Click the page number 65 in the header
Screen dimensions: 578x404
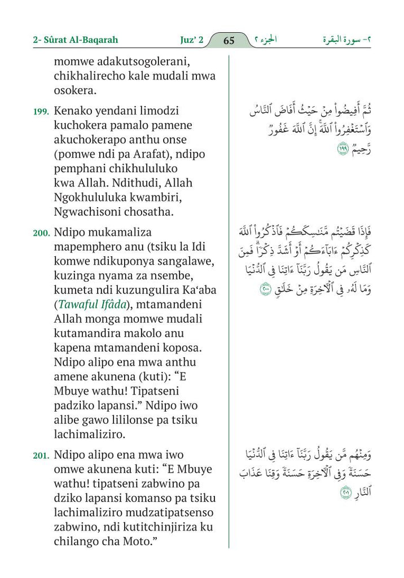(229, 41)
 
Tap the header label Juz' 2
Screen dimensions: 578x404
(188, 41)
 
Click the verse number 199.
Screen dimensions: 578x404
(41, 111)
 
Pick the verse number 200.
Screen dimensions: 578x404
(41, 232)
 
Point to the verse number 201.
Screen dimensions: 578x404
(41, 455)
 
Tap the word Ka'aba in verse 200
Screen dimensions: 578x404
(200, 290)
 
